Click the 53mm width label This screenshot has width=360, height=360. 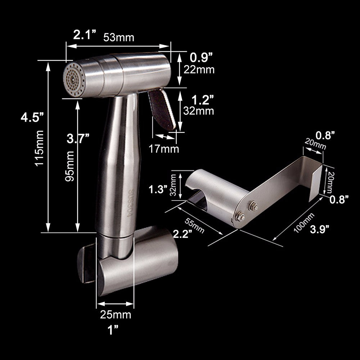(119, 37)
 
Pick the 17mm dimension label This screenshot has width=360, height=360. (164, 148)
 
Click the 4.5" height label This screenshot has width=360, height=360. (32, 118)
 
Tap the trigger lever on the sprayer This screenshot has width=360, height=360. (163, 110)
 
